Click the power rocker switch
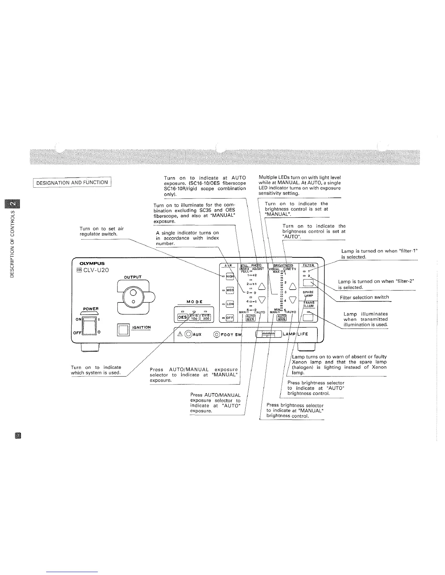[x=89, y=325]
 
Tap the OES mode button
[x=182, y=317]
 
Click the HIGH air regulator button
[x=230, y=277]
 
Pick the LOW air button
[x=230, y=304]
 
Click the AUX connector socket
[x=188, y=334]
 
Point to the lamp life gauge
[x=269, y=334]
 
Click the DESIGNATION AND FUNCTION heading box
[x=72, y=182]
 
